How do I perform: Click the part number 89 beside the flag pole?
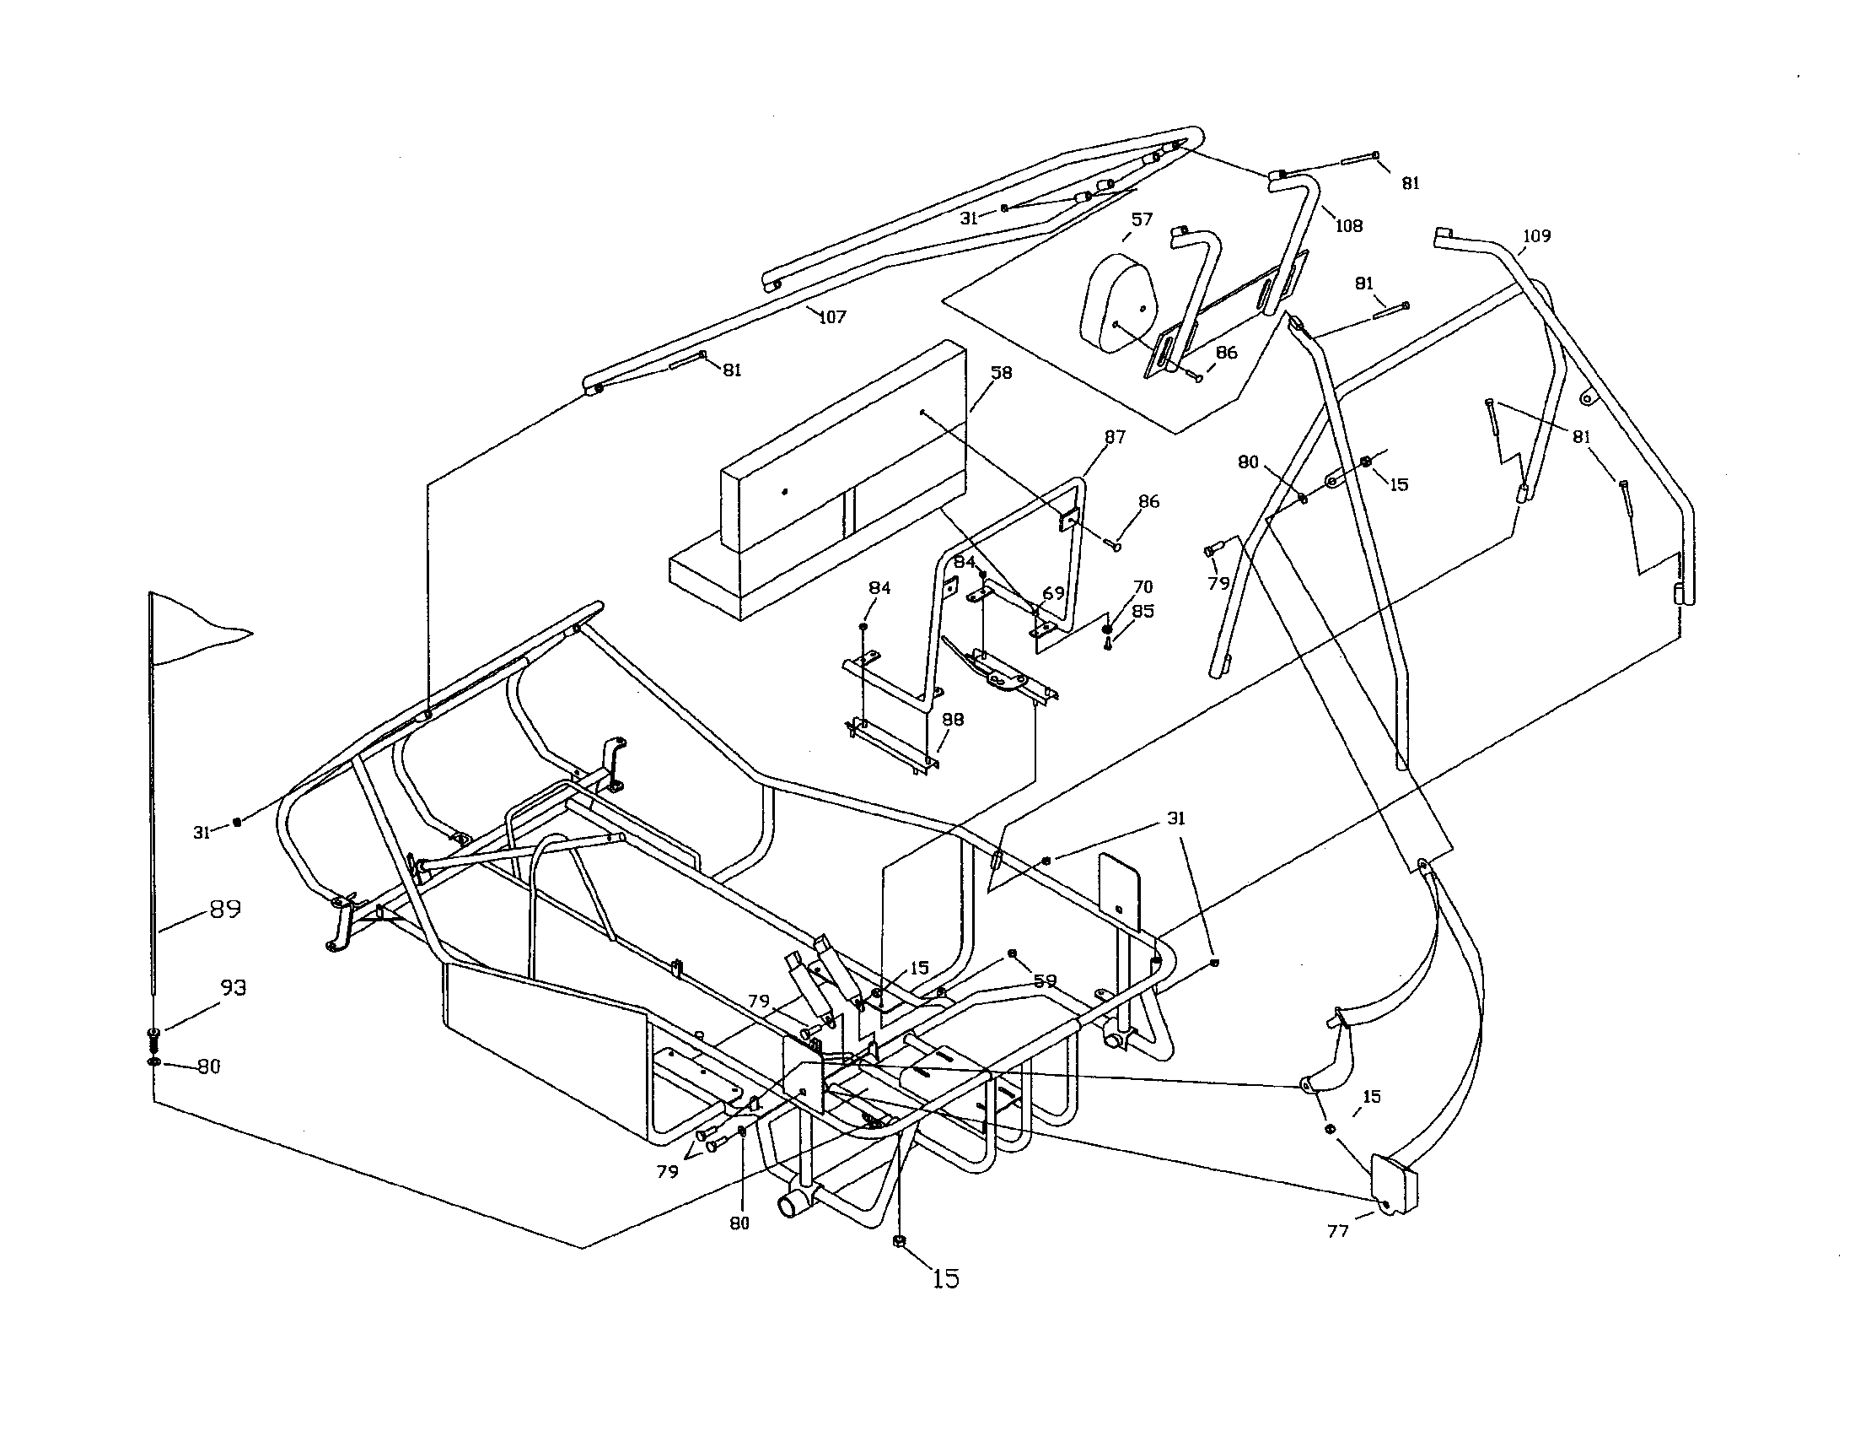(x=224, y=910)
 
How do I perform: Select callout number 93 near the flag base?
(x=234, y=987)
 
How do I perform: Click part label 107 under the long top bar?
(x=832, y=317)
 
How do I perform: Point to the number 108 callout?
(x=1348, y=226)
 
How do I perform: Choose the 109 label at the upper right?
(x=1536, y=236)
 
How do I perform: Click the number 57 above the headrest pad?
(x=1142, y=219)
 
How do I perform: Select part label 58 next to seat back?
(x=1002, y=373)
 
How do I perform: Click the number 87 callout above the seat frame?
(x=1115, y=437)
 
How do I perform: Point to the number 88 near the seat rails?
(x=953, y=720)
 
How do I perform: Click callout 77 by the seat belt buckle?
(x=1338, y=1230)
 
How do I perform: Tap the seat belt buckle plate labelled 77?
(x=1393, y=1183)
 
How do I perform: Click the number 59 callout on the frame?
(x=1045, y=980)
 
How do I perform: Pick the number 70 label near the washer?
(x=1143, y=587)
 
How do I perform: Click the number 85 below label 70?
(x=1143, y=611)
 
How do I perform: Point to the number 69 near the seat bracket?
(x=1053, y=593)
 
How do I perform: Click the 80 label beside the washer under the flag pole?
(x=209, y=1066)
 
